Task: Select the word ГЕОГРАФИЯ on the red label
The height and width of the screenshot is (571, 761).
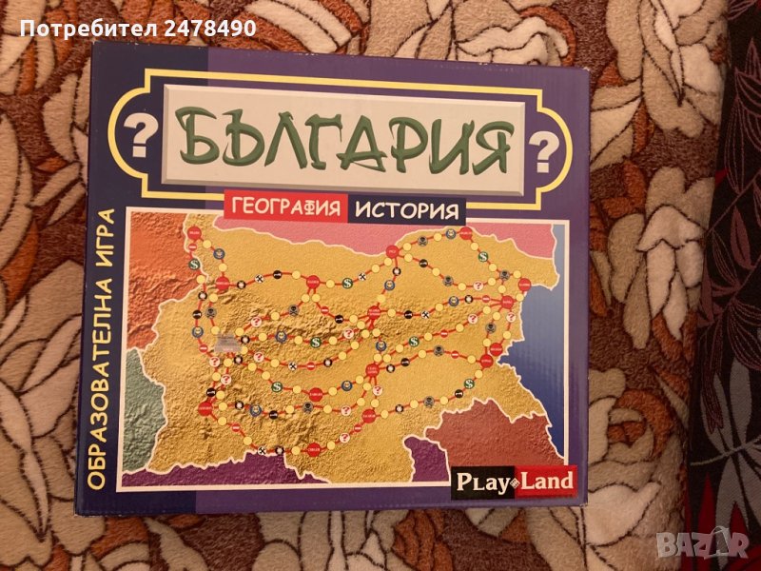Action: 284,208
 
